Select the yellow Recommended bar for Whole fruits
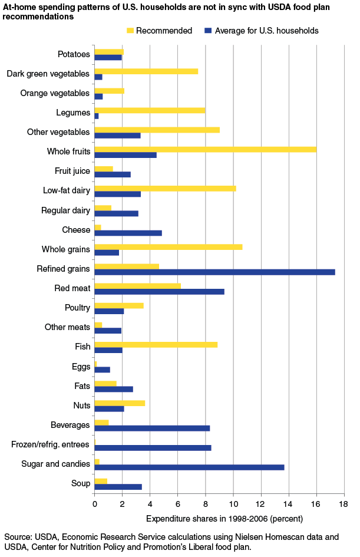(205, 149)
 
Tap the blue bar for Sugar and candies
(189, 467)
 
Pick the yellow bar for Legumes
(150, 110)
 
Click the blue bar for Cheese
(128, 233)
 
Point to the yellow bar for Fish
(156, 344)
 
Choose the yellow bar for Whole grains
(168, 246)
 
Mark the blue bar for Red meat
(159, 291)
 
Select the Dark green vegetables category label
(48, 74)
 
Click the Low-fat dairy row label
(67, 190)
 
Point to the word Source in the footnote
(17, 538)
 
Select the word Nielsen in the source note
(243, 538)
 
